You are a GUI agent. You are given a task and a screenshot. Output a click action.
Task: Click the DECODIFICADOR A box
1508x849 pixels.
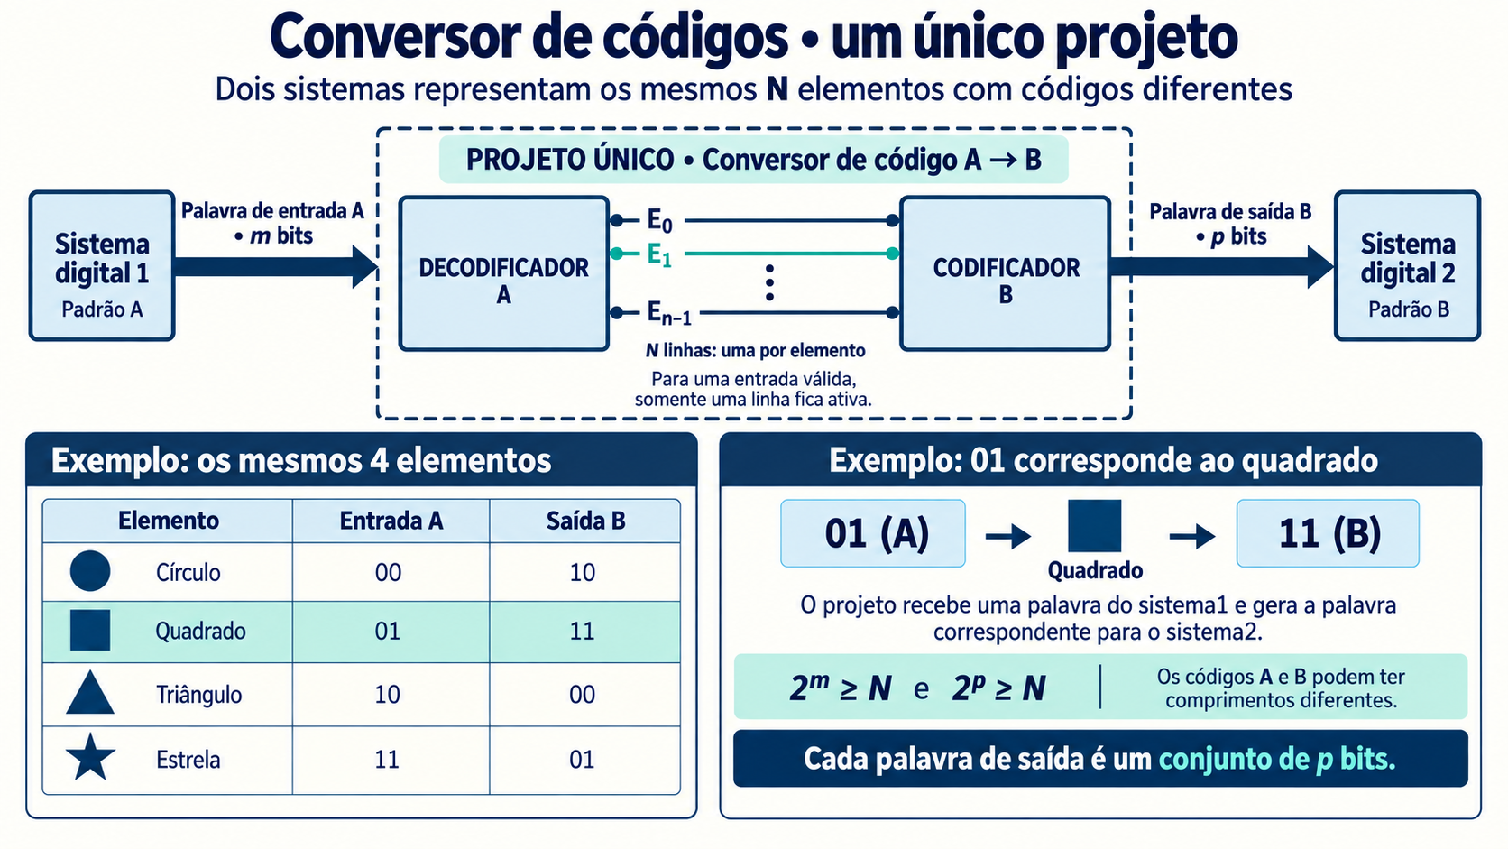(503, 273)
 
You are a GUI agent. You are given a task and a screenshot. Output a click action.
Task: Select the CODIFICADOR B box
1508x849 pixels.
(1005, 273)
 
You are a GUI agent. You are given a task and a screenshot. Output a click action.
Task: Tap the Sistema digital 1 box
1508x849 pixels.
(102, 266)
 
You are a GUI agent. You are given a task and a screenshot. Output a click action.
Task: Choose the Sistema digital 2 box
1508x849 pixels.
(1408, 266)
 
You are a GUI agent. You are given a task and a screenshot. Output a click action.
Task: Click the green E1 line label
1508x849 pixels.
(659, 255)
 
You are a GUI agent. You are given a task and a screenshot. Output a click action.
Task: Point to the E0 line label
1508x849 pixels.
(660, 221)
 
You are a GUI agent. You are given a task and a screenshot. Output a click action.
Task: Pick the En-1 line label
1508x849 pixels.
(669, 313)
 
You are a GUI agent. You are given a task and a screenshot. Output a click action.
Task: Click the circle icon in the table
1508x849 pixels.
(90, 571)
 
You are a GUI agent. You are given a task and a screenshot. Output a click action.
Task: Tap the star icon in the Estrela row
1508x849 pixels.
(90, 757)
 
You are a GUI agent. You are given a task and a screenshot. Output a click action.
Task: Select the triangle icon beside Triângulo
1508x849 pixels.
(90, 694)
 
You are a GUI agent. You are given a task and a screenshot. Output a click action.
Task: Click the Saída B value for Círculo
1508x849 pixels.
(583, 572)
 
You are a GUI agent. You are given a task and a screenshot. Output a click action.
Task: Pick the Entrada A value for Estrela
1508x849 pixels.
(387, 760)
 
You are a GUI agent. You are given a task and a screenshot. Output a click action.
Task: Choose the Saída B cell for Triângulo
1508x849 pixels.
(584, 694)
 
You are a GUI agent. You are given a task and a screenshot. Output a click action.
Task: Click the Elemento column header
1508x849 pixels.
(169, 521)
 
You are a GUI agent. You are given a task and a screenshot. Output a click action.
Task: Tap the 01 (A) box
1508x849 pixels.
(872, 533)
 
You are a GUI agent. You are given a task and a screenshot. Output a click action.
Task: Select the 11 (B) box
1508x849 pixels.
(1328, 533)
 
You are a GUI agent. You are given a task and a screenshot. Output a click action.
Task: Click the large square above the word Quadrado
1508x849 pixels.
(1095, 526)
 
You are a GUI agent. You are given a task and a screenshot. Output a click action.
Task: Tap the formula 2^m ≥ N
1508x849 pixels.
(841, 688)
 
